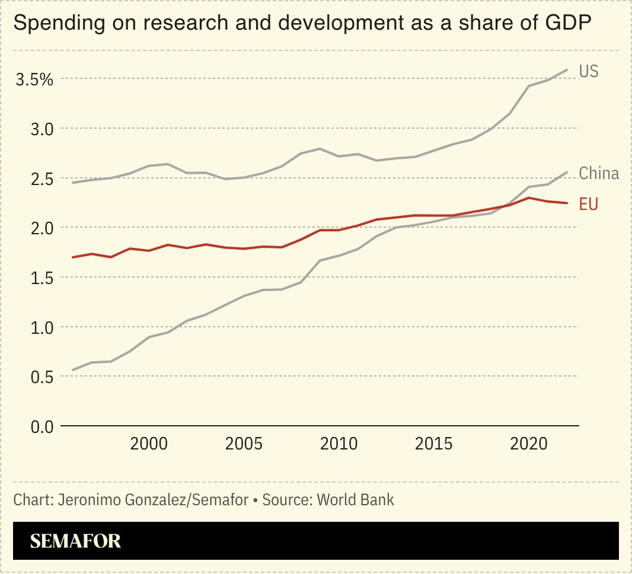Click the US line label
[589, 72]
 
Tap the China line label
[599, 173]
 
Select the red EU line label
[589, 205]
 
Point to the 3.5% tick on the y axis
[34, 79]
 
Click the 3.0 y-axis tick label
[41, 129]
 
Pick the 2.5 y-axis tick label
[41, 178]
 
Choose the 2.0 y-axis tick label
[41, 228]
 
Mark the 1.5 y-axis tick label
[41, 278]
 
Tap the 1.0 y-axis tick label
[41, 327]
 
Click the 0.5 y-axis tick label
[41, 377]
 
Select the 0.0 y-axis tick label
[41, 426]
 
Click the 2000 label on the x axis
[148, 445]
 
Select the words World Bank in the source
[355, 499]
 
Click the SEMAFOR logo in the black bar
[75, 541]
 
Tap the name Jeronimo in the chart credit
[88, 499]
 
